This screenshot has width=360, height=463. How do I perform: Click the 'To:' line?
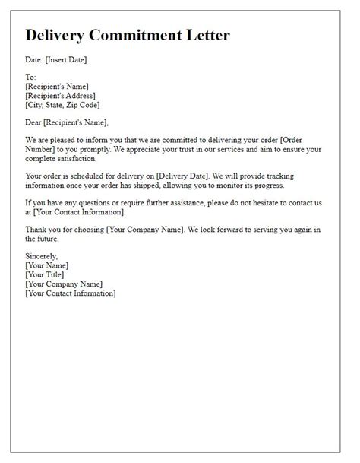tap(30, 78)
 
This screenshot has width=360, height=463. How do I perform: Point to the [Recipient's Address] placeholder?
tap(62, 96)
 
